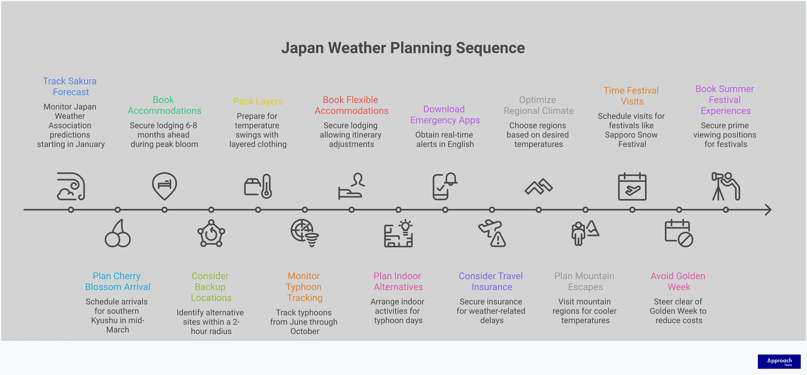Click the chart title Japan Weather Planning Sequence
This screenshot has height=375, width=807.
(403, 48)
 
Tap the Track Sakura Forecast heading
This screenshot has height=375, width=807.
(70, 87)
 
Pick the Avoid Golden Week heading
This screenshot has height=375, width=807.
(678, 281)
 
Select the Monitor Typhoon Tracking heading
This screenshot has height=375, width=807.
(304, 287)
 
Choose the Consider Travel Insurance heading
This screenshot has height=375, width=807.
(491, 281)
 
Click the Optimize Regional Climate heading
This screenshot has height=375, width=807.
(538, 105)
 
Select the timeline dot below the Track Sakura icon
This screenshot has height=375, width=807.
(71, 210)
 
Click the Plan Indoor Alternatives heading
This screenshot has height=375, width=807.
(398, 281)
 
